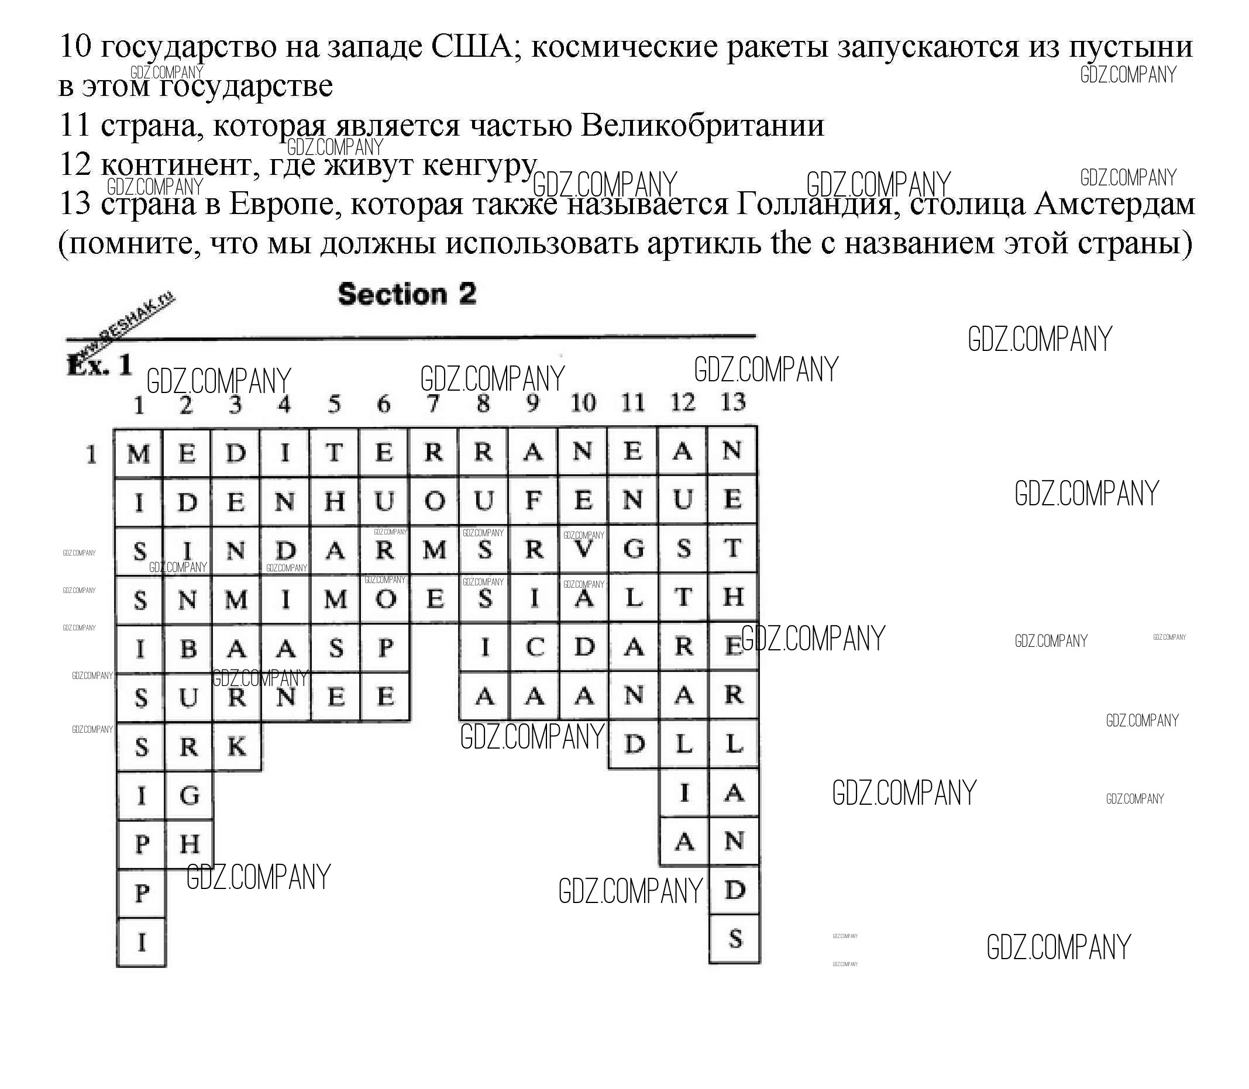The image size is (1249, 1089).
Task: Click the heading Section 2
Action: pos(407,295)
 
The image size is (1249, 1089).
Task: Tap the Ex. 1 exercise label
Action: pos(99,365)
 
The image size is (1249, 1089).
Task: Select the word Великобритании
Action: pos(702,125)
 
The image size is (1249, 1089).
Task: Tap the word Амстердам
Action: pos(1114,204)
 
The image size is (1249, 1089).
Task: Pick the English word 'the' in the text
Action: pos(790,243)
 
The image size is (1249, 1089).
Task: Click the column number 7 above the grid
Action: pos(433,403)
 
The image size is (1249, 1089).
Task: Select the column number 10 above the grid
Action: pos(583,403)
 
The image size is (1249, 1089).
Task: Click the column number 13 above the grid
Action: pos(732,402)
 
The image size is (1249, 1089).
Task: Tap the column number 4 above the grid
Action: pos(284,404)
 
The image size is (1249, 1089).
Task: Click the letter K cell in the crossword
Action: pos(236,746)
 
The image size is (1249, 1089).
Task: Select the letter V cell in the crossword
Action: pos(583,550)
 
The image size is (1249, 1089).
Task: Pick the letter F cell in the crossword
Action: pos(533,500)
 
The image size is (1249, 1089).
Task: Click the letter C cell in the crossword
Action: pos(533,648)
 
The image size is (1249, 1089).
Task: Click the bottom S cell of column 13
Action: pos(734,939)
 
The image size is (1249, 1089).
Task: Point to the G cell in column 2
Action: pos(189,795)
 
